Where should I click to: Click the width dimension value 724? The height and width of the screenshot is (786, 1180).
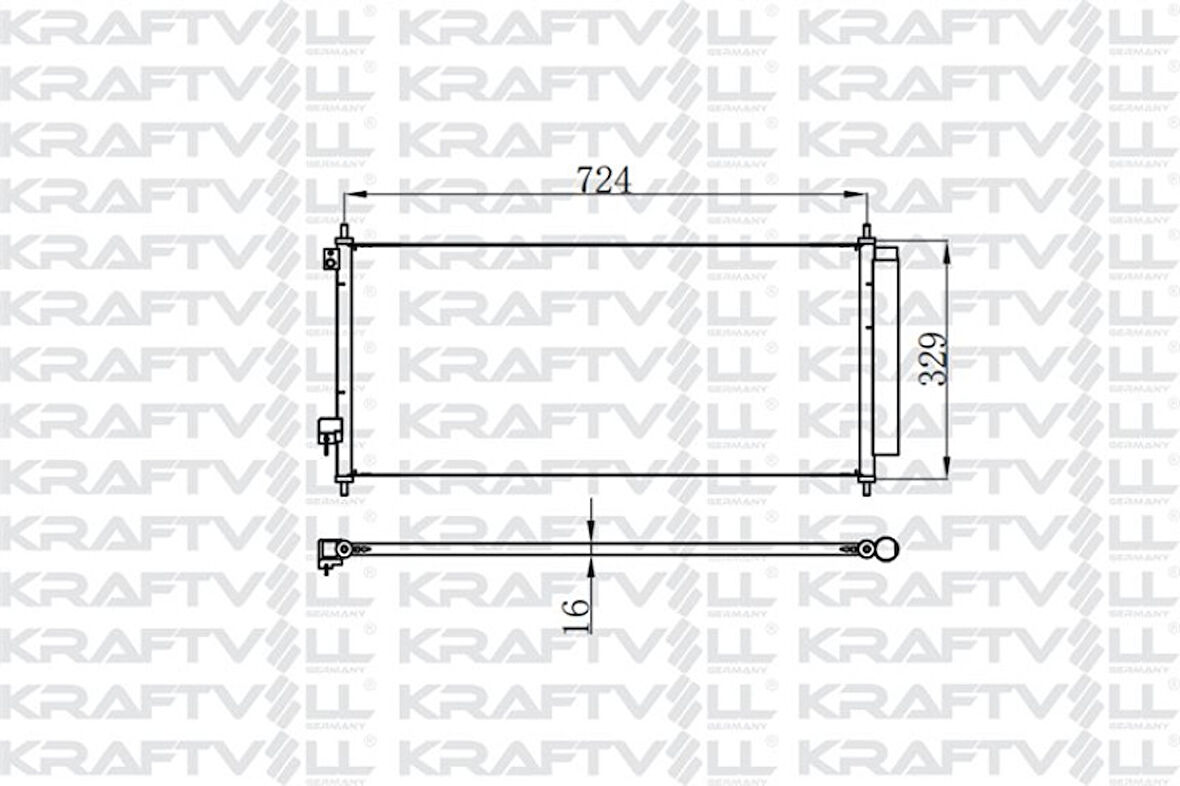pos(605,180)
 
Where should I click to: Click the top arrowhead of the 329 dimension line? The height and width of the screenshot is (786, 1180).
pos(946,248)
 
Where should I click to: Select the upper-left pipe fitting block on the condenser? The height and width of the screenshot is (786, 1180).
pos(330,259)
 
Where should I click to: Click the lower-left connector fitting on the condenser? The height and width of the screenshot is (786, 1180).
pos(329,432)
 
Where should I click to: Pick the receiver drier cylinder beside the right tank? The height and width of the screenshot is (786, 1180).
pos(886,352)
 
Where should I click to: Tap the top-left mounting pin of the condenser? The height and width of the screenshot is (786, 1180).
pos(344,234)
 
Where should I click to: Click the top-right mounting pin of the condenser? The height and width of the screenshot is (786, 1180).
pos(866,234)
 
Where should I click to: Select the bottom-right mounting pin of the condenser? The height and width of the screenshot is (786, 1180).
pos(866,486)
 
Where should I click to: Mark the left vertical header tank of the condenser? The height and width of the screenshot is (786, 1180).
pos(345,360)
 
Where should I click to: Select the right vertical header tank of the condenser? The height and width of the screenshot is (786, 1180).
pos(866,360)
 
